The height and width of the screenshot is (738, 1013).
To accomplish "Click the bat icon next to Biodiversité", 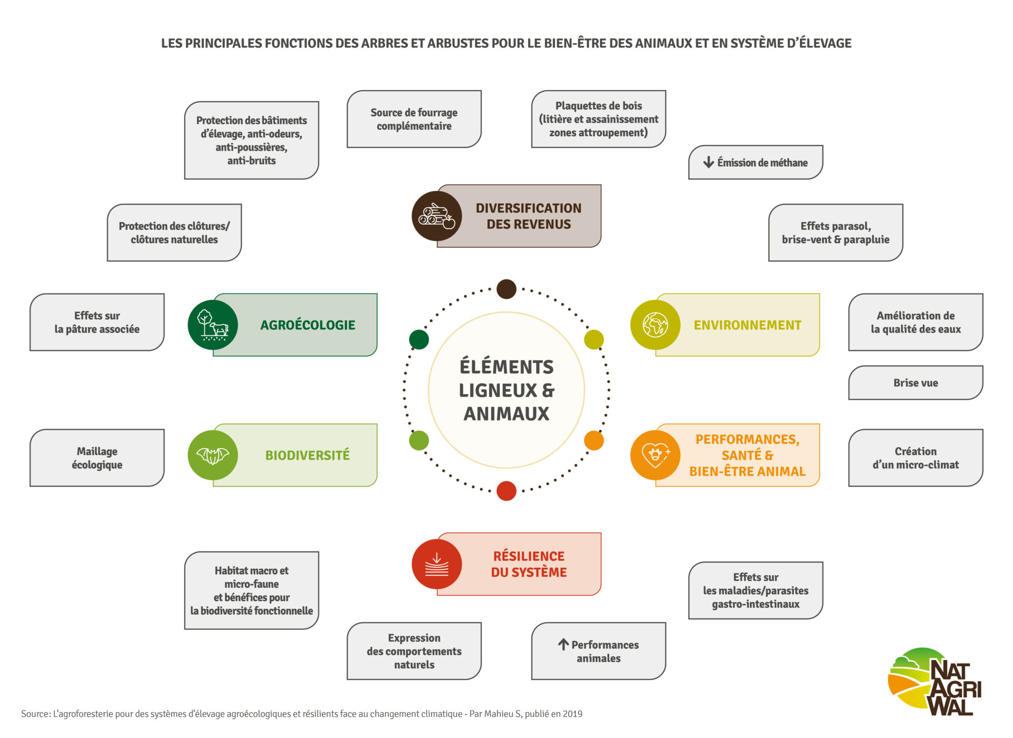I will [213, 455].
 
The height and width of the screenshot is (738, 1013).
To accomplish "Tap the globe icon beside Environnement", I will [655, 325].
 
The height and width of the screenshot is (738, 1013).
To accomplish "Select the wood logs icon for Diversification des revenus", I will [436, 216].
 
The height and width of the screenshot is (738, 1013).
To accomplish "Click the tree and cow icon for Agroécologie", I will [213, 325].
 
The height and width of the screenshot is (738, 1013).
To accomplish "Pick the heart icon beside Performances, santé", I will [655, 455].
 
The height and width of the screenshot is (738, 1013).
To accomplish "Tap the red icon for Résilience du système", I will [436, 564].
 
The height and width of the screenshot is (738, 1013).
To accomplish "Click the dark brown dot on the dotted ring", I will [506, 289].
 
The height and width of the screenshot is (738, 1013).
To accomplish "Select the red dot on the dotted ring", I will [506, 491].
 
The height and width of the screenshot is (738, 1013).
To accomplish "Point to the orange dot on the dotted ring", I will [594, 440].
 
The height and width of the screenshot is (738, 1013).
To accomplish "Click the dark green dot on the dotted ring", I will [419, 339].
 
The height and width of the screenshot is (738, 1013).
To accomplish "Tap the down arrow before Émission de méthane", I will [709, 162].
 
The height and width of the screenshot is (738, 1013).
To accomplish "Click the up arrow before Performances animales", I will [563, 644].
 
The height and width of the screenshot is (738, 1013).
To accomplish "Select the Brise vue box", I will [915, 383].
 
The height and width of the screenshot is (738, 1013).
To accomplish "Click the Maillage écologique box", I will [97, 458].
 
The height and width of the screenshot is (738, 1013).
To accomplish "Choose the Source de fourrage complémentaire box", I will [414, 119].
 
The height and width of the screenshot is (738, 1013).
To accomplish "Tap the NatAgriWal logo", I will [934, 682].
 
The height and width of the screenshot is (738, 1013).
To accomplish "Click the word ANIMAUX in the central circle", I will [506, 414].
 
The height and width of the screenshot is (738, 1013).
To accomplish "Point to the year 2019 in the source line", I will [572, 714].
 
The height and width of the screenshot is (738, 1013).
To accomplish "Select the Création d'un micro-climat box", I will [915, 458].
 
